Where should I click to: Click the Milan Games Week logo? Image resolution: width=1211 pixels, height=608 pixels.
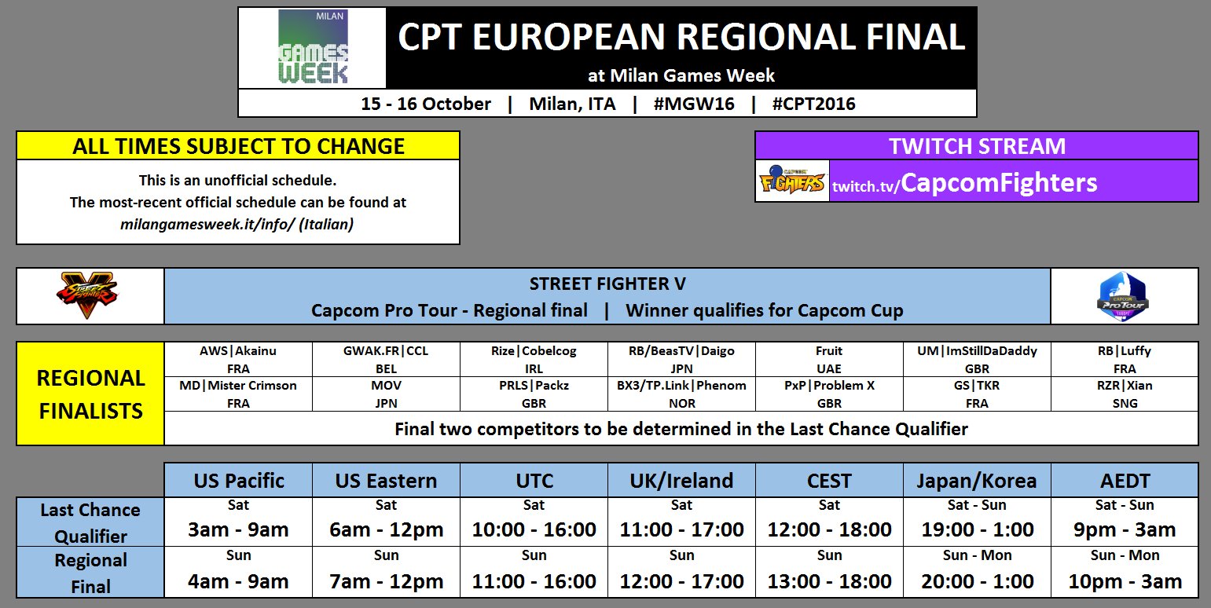(313, 47)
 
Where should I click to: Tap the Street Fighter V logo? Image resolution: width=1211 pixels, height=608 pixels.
(90, 296)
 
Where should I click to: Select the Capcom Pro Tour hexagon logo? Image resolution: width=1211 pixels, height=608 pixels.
(1123, 296)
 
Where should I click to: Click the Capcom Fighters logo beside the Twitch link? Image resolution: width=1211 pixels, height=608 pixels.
(792, 181)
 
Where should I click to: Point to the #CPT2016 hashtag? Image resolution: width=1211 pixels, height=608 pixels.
(813, 104)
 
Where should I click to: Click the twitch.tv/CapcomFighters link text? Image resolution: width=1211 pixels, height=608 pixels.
(964, 183)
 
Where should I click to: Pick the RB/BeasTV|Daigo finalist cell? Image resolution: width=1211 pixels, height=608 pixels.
(681, 359)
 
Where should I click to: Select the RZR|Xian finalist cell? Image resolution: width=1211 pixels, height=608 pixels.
(1125, 394)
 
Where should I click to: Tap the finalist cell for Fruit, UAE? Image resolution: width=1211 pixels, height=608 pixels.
(828, 359)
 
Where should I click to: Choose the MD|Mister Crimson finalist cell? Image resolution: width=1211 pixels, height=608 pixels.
(238, 394)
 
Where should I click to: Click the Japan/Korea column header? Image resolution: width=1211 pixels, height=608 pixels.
(977, 480)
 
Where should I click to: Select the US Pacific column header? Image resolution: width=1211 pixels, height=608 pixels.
(238, 480)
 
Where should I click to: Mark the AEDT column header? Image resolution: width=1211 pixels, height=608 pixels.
(1125, 480)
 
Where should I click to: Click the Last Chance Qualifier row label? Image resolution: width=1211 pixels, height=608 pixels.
(90, 522)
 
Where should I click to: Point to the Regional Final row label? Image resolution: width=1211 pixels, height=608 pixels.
(90, 573)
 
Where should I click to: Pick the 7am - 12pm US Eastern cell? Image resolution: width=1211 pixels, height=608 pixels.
(386, 573)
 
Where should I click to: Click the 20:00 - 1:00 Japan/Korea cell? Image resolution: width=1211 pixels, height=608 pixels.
(977, 573)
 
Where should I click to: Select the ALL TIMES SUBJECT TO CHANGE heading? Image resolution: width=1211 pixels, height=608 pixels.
(238, 146)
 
